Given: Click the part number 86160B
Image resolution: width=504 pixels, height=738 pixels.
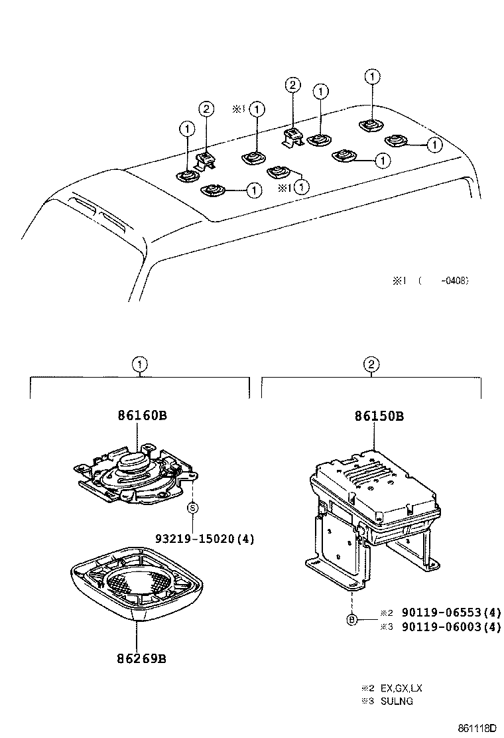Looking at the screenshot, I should click(141, 416).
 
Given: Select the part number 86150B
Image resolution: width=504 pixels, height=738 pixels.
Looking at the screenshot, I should click(379, 417).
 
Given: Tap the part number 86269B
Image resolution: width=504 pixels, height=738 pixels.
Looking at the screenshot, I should click(141, 659).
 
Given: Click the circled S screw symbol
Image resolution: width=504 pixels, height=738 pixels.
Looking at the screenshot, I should click(192, 508).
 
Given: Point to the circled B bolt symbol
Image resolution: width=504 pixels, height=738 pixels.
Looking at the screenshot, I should click(352, 621).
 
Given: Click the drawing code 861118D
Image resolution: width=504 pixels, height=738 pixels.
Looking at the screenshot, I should click(476, 727).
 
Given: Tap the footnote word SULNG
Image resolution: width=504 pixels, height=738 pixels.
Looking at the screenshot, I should click(397, 701).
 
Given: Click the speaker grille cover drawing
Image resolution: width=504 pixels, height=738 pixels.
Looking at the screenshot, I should click(136, 583).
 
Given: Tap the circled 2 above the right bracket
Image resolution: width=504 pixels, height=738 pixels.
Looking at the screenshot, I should click(371, 364).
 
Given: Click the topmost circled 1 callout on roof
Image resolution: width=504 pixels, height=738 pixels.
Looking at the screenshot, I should click(373, 77).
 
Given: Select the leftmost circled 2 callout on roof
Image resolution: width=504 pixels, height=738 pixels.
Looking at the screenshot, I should click(207, 109).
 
